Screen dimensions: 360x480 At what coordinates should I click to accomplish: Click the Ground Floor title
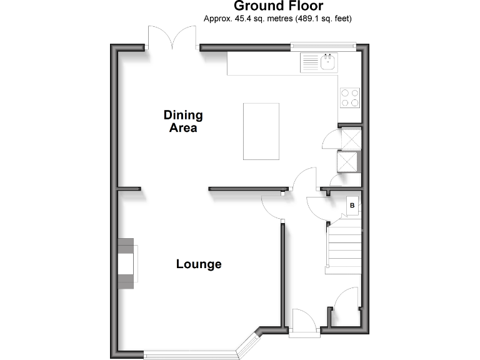[x=278, y=6]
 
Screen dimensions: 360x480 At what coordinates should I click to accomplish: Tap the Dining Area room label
[x=183, y=121]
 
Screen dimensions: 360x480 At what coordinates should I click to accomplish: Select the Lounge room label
[x=199, y=264]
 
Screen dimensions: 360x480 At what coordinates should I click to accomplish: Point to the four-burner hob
[x=350, y=97]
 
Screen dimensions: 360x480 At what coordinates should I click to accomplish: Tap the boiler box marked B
[x=352, y=205]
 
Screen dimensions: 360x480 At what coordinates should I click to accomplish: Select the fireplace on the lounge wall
[x=127, y=263]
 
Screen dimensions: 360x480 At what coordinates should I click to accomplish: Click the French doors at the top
[x=172, y=37]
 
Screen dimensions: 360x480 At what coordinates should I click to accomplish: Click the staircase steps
[x=345, y=246]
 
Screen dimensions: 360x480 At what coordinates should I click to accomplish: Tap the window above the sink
[x=323, y=45]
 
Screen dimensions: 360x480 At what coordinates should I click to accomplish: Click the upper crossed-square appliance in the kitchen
[x=350, y=139]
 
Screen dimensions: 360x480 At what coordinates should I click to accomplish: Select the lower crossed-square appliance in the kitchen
[x=349, y=162]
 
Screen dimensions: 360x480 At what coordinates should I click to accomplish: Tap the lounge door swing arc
[x=272, y=206]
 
